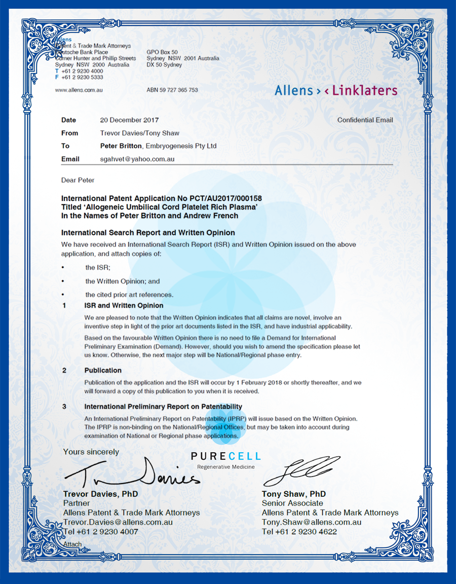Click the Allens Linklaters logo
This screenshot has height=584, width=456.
click(x=335, y=91)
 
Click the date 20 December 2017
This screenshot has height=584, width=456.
click(x=129, y=120)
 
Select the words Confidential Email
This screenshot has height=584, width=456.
click(x=365, y=120)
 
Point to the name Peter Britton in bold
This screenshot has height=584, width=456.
click(x=121, y=146)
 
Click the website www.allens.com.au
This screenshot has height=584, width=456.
click(x=79, y=90)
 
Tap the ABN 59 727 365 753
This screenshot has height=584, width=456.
click(x=172, y=90)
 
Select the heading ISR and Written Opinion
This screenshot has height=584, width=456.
click(x=124, y=306)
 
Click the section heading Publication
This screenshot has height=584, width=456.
click(x=103, y=371)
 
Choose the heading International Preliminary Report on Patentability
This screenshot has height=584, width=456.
click(x=163, y=407)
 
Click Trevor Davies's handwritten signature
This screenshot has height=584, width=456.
click(x=132, y=474)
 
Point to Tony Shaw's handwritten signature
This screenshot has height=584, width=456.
click(x=301, y=471)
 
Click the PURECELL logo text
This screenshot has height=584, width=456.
click(x=226, y=457)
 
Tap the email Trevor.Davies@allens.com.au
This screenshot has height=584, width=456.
click(x=118, y=522)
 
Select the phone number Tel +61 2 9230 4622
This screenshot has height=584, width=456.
click(x=299, y=532)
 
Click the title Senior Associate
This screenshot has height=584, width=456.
click(x=292, y=503)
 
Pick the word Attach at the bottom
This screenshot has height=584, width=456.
click(x=72, y=544)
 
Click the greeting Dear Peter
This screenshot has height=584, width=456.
click(x=78, y=180)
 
